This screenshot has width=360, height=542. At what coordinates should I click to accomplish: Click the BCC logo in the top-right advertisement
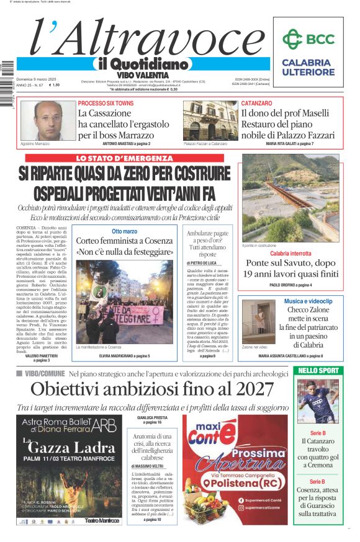click(x=308, y=39)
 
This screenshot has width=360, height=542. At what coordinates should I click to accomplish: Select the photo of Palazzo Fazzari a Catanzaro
click(x=210, y=120)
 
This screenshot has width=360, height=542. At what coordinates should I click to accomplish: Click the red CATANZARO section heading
click(x=256, y=103)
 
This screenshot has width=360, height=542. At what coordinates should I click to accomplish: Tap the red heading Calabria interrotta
click(x=290, y=254)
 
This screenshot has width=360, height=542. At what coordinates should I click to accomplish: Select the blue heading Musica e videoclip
click(x=308, y=301)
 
